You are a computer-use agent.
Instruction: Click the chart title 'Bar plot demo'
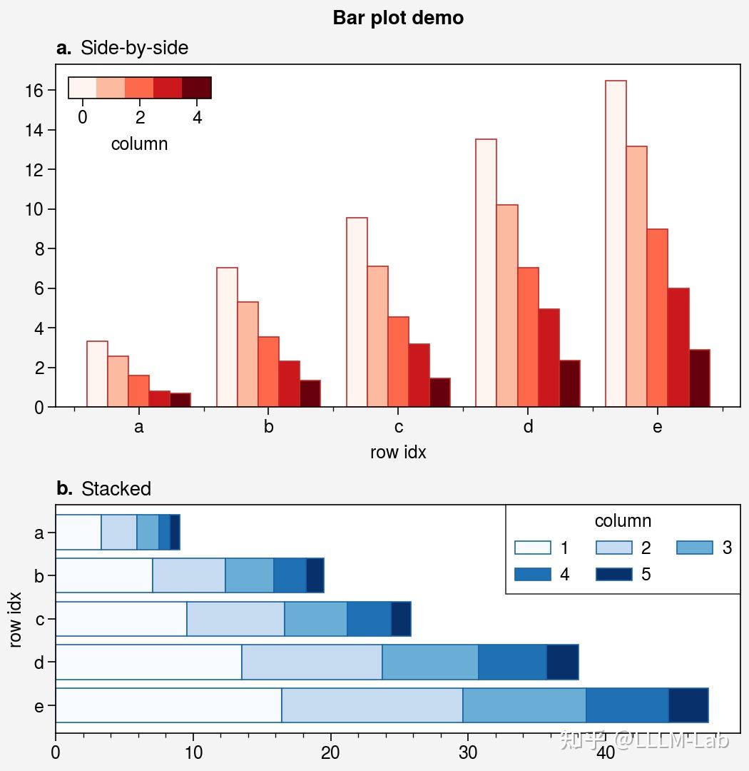click(x=398, y=18)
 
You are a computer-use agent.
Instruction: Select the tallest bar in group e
click(x=616, y=243)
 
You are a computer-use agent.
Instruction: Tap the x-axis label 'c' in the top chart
click(x=398, y=427)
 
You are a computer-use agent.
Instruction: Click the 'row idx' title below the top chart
click(x=398, y=453)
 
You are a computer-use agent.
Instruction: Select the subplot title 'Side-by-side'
click(x=134, y=48)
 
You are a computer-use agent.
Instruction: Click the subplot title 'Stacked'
click(x=116, y=489)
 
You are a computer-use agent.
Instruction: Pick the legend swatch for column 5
click(x=614, y=575)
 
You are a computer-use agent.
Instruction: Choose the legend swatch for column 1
click(x=533, y=548)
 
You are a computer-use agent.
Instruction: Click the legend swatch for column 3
click(x=695, y=548)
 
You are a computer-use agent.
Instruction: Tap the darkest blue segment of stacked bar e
click(x=688, y=705)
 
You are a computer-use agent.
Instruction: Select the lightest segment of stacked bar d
click(x=148, y=662)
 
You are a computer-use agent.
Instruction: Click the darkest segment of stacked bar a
click(x=175, y=533)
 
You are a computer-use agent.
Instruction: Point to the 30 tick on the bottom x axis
click(x=468, y=753)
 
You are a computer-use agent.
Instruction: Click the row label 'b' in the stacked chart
click(x=39, y=575)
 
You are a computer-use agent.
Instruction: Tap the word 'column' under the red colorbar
click(x=139, y=144)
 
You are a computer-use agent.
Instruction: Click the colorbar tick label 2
click(x=140, y=117)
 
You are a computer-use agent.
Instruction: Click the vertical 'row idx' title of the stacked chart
click(x=16, y=619)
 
